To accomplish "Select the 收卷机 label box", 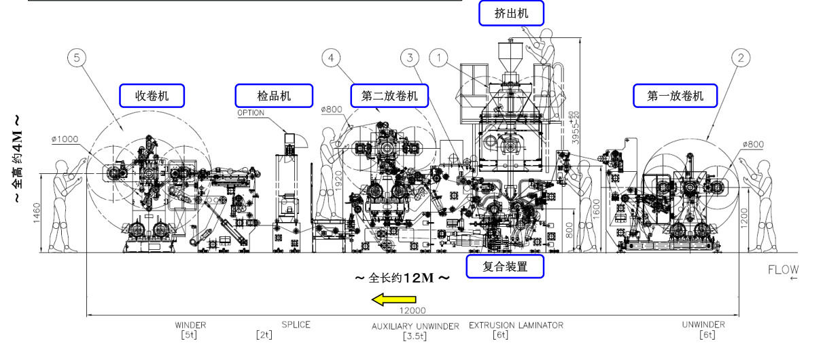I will click(x=152, y=96).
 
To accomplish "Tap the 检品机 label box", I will click(x=274, y=96).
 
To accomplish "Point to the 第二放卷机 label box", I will click(x=389, y=96).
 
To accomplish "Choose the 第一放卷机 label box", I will click(x=675, y=96).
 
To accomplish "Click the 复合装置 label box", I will click(x=505, y=266).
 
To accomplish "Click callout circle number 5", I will click(x=77, y=58).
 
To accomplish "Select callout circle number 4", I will click(x=331, y=58).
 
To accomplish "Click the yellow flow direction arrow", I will click(x=393, y=298).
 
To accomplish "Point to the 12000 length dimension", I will click(x=413, y=310).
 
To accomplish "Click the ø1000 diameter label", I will click(x=65, y=139).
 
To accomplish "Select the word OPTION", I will click(x=251, y=113).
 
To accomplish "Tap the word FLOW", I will click(x=783, y=270).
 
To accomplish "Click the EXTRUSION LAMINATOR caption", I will click(x=516, y=325).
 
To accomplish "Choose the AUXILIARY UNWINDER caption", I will click(x=415, y=326).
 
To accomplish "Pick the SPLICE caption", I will click(x=296, y=325).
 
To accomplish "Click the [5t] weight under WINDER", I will click(x=190, y=335).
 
